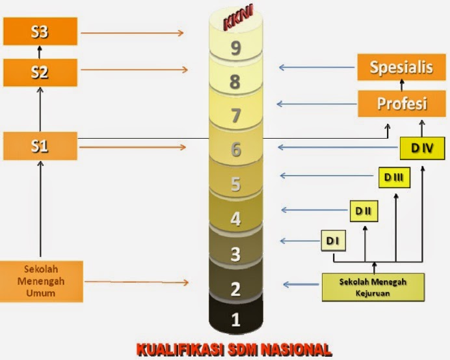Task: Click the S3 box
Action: pos(40,31)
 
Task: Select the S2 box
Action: pos(40,72)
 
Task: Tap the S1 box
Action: pos(40,146)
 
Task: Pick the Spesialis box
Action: pos(401,68)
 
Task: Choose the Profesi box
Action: pos(401,104)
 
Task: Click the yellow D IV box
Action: pos(422,148)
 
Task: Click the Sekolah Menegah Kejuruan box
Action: pos(373,287)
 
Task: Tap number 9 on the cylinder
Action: pos(236,47)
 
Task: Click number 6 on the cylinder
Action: pos(236,149)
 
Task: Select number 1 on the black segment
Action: pos(236,320)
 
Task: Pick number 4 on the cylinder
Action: pos(236,219)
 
